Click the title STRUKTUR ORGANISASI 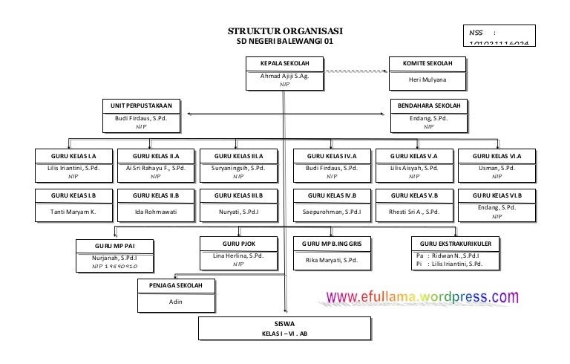pyautogui.click(x=285, y=31)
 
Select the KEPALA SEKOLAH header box pyautogui.click(x=285, y=64)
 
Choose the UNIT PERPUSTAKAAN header pyautogui.click(x=141, y=106)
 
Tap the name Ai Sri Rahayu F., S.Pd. pyautogui.click(x=155, y=169)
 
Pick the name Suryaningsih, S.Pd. pyautogui.click(x=237, y=169)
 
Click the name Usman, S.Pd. pyautogui.click(x=497, y=169)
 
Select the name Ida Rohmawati pyautogui.click(x=155, y=212)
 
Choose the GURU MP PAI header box pyautogui.click(x=114, y=246)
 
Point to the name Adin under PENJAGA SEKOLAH pyautogui.click(x=175, y=302)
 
